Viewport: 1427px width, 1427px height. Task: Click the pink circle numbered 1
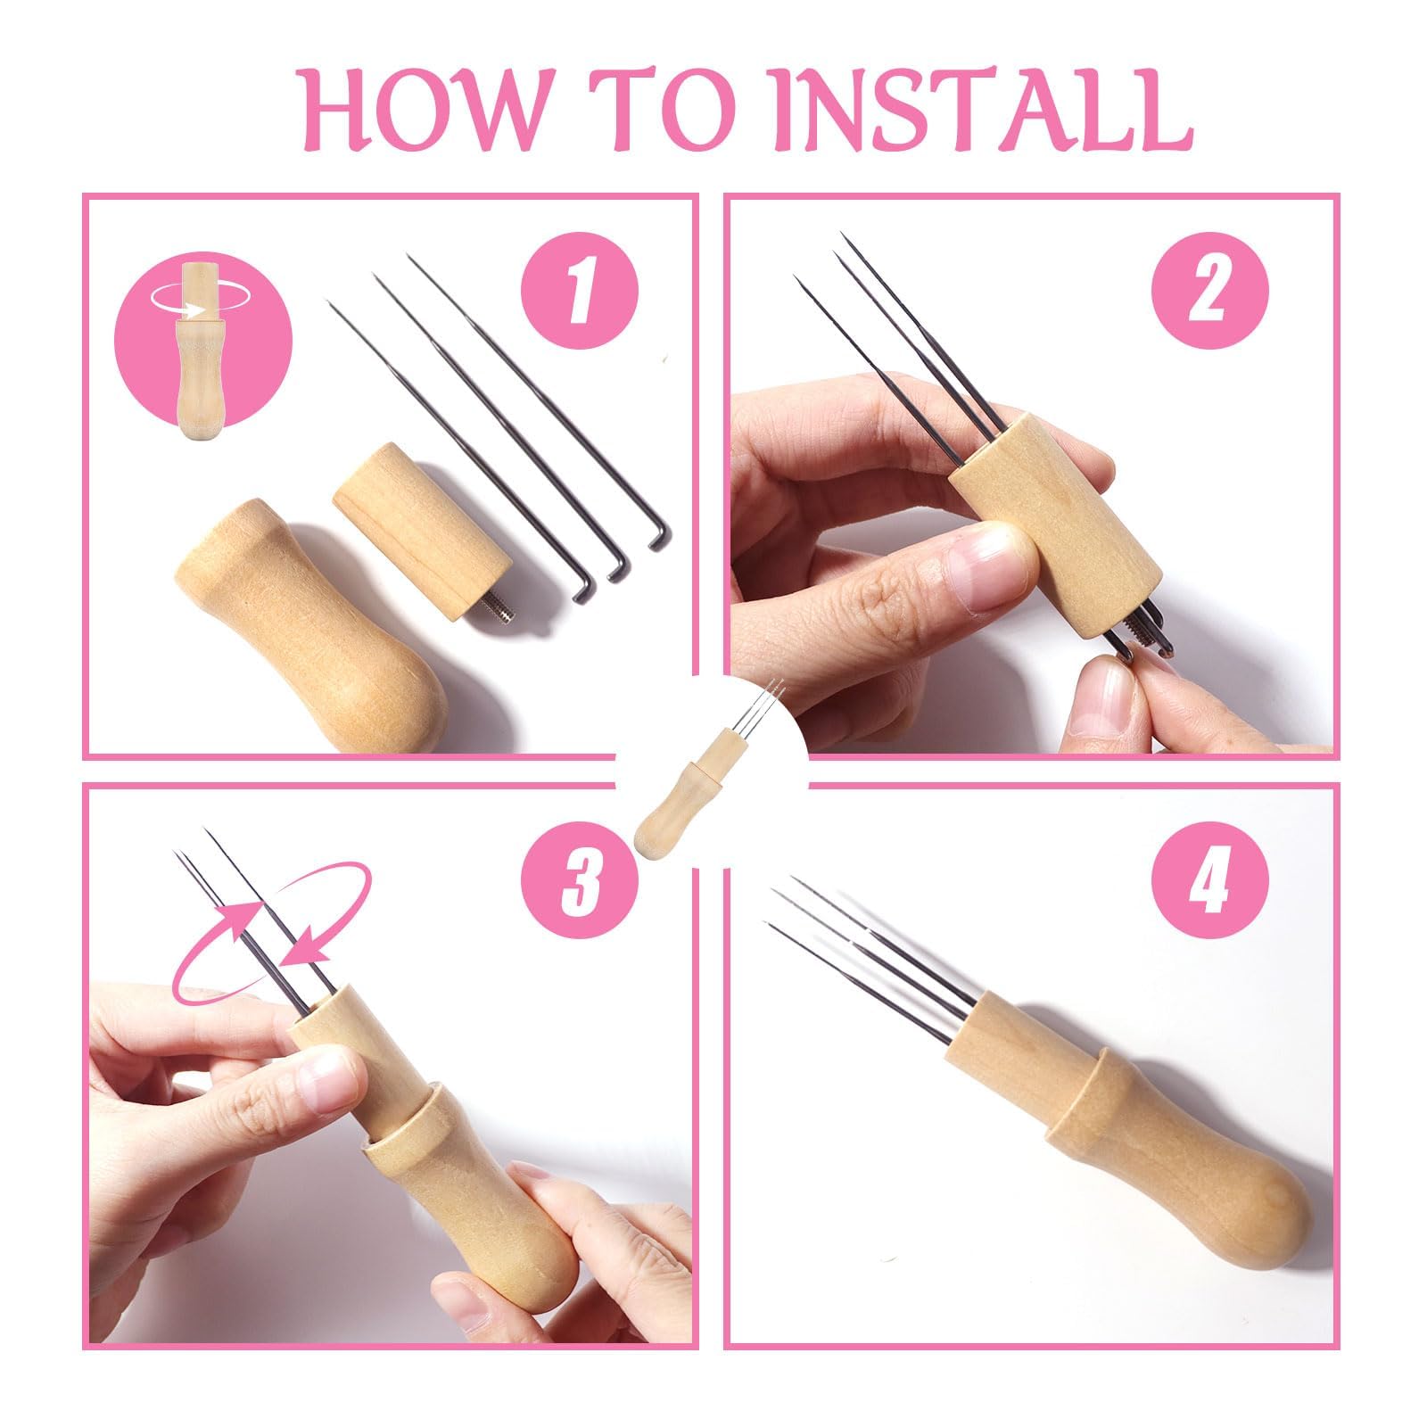[x=581, y=290]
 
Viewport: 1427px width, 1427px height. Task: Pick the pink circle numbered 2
[x=1209, y=290]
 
